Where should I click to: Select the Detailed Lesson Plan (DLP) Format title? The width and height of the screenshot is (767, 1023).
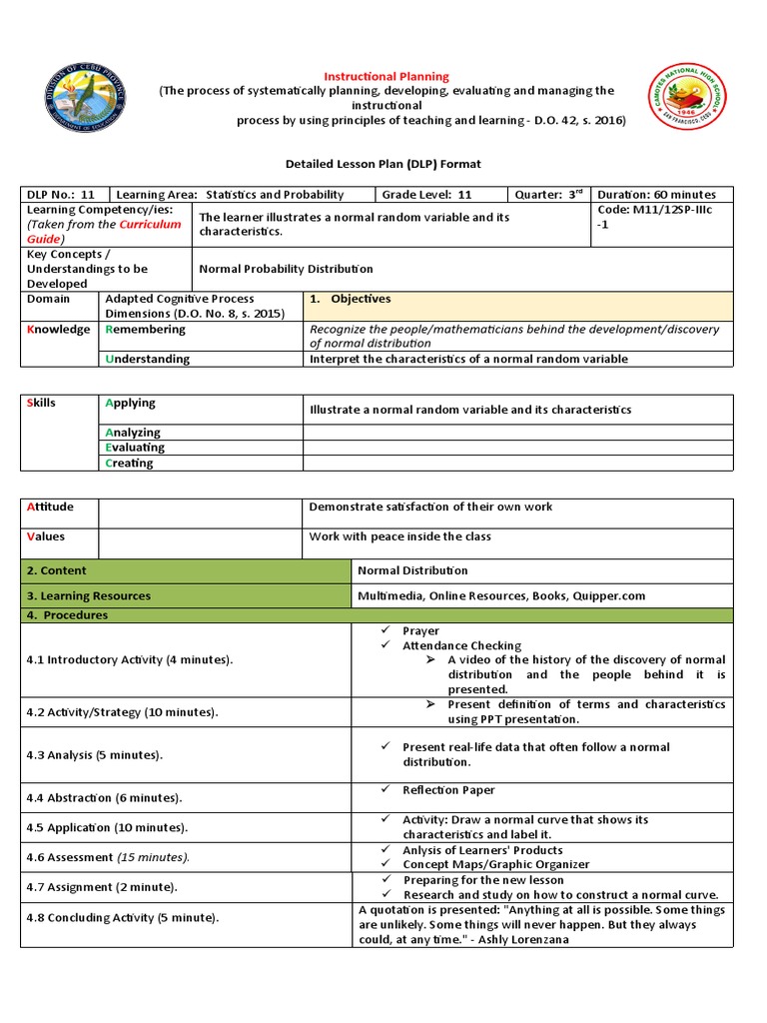pos(383,163)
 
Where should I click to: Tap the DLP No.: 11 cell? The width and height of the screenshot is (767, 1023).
pos(61,194)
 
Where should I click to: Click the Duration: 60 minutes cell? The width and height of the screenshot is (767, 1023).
pos(656,194)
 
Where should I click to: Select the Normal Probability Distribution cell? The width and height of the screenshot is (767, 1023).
pos(286,269)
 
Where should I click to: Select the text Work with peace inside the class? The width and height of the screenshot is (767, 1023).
pos(399,536)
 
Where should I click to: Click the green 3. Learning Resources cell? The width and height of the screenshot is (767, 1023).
pos(89,595)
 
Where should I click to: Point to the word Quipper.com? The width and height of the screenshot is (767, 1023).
pos(609,595)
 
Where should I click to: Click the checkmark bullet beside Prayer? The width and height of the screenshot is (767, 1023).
pos(384,630)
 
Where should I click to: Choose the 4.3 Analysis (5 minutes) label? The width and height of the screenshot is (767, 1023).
pos(98,754)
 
